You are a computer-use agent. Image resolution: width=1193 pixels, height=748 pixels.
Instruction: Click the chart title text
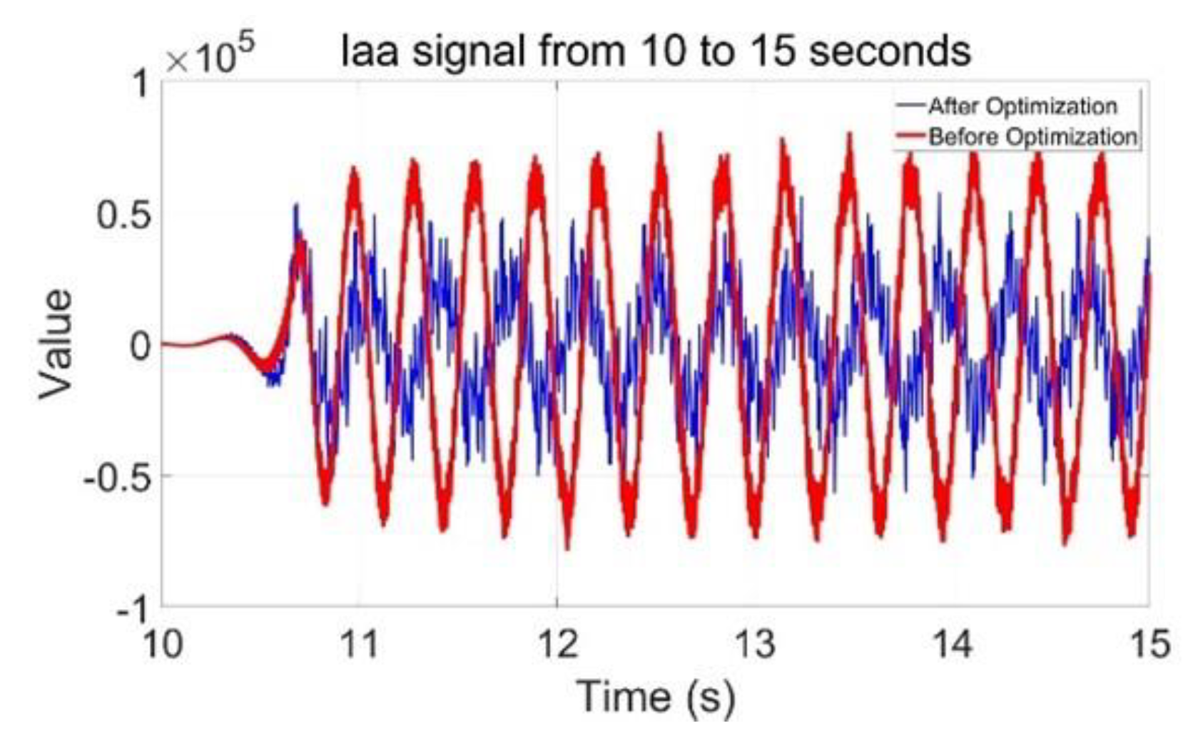point(656,51)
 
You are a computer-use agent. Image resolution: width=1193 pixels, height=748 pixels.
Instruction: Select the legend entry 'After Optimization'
point(1022,107)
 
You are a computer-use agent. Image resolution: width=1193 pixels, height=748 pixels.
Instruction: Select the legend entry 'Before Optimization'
point(1032,136)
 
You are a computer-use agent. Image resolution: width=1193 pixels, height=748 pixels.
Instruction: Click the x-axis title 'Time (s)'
point(655,697)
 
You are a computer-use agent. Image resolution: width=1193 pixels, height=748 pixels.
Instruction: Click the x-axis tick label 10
point(163,645)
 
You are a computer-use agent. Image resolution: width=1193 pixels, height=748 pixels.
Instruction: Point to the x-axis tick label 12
point(557,645)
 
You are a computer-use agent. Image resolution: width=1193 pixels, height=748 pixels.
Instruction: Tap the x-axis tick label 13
point(755,645)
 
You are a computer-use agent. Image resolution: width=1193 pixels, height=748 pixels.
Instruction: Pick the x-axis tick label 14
point(952,645)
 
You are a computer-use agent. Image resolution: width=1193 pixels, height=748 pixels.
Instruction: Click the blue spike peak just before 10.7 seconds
point(295,206)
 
